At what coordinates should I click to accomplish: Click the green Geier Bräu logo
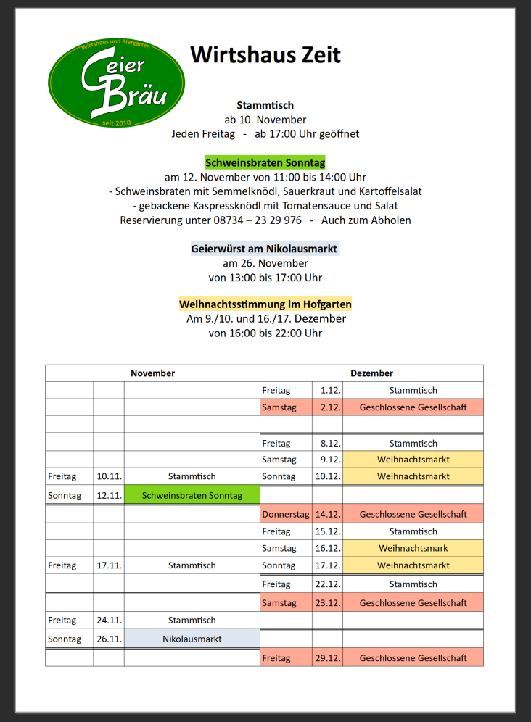[x=116, y=81]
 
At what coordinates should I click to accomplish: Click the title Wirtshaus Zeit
[x=265, y=54]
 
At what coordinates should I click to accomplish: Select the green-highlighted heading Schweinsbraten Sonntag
[x=265, y=162]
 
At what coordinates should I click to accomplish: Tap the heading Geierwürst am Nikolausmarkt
[x=265, y=249]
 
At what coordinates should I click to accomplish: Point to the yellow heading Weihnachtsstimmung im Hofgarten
[x=265, y=304]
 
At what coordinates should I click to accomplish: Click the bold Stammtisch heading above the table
[x=265, y=105]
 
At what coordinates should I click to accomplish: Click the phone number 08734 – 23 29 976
[x=253, y=220]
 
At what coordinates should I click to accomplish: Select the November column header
[x=152, y=373]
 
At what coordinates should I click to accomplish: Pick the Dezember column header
[x=371, y=373]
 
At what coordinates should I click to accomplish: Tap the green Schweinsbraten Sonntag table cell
[x=192, y=496]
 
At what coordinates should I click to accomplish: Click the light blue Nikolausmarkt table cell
[x=192, y=639]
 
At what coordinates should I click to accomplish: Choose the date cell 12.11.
[x=109, y=496]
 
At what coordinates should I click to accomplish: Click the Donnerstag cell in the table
[x=286, y=514]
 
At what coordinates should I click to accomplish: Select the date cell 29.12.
[x=328, y=658]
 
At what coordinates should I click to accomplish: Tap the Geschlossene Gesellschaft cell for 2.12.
[x=413, y=407]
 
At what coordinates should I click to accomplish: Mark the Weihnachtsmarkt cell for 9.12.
[x=413, y=460]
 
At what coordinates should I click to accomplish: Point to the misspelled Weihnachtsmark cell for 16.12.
[x=413, y=549]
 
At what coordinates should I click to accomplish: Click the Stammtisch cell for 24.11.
[x=192, y=621]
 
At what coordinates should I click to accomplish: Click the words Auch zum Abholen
[x=366, y=220]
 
